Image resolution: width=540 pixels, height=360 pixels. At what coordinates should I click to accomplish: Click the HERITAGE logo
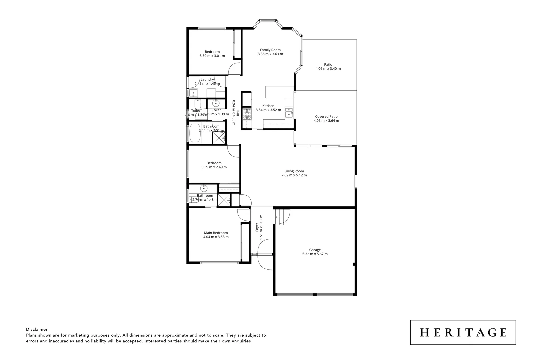[463, 332]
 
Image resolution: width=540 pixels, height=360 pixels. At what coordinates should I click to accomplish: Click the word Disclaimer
[37, 329]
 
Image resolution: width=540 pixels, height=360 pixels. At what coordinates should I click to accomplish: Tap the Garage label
[315, 250]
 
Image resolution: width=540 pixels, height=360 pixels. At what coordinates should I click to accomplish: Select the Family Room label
[270, 50]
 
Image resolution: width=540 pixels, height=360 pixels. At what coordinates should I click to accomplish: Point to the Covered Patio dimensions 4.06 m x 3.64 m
[326, 121]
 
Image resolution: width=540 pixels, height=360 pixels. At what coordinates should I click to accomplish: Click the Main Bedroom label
[216, 233]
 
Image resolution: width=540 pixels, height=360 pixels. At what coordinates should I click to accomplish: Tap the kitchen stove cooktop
[247, 115]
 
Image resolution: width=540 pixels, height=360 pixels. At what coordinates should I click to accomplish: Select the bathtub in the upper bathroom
[194, 133]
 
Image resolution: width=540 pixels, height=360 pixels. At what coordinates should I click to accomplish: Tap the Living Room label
[294, 171]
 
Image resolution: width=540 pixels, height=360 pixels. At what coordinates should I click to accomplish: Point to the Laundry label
[207, 79]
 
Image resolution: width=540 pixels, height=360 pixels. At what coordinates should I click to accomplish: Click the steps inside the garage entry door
[278, 216]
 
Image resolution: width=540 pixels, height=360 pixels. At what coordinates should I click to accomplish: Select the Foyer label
[257, 228]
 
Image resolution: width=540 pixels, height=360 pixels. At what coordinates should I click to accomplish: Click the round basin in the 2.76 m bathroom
[204, 187]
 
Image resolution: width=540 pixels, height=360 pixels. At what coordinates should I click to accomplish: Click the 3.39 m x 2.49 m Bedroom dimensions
[214, 167]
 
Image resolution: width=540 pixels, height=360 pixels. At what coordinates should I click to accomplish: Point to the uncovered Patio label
[328, 65]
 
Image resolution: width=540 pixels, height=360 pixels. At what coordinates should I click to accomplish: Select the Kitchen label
[268, 106]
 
